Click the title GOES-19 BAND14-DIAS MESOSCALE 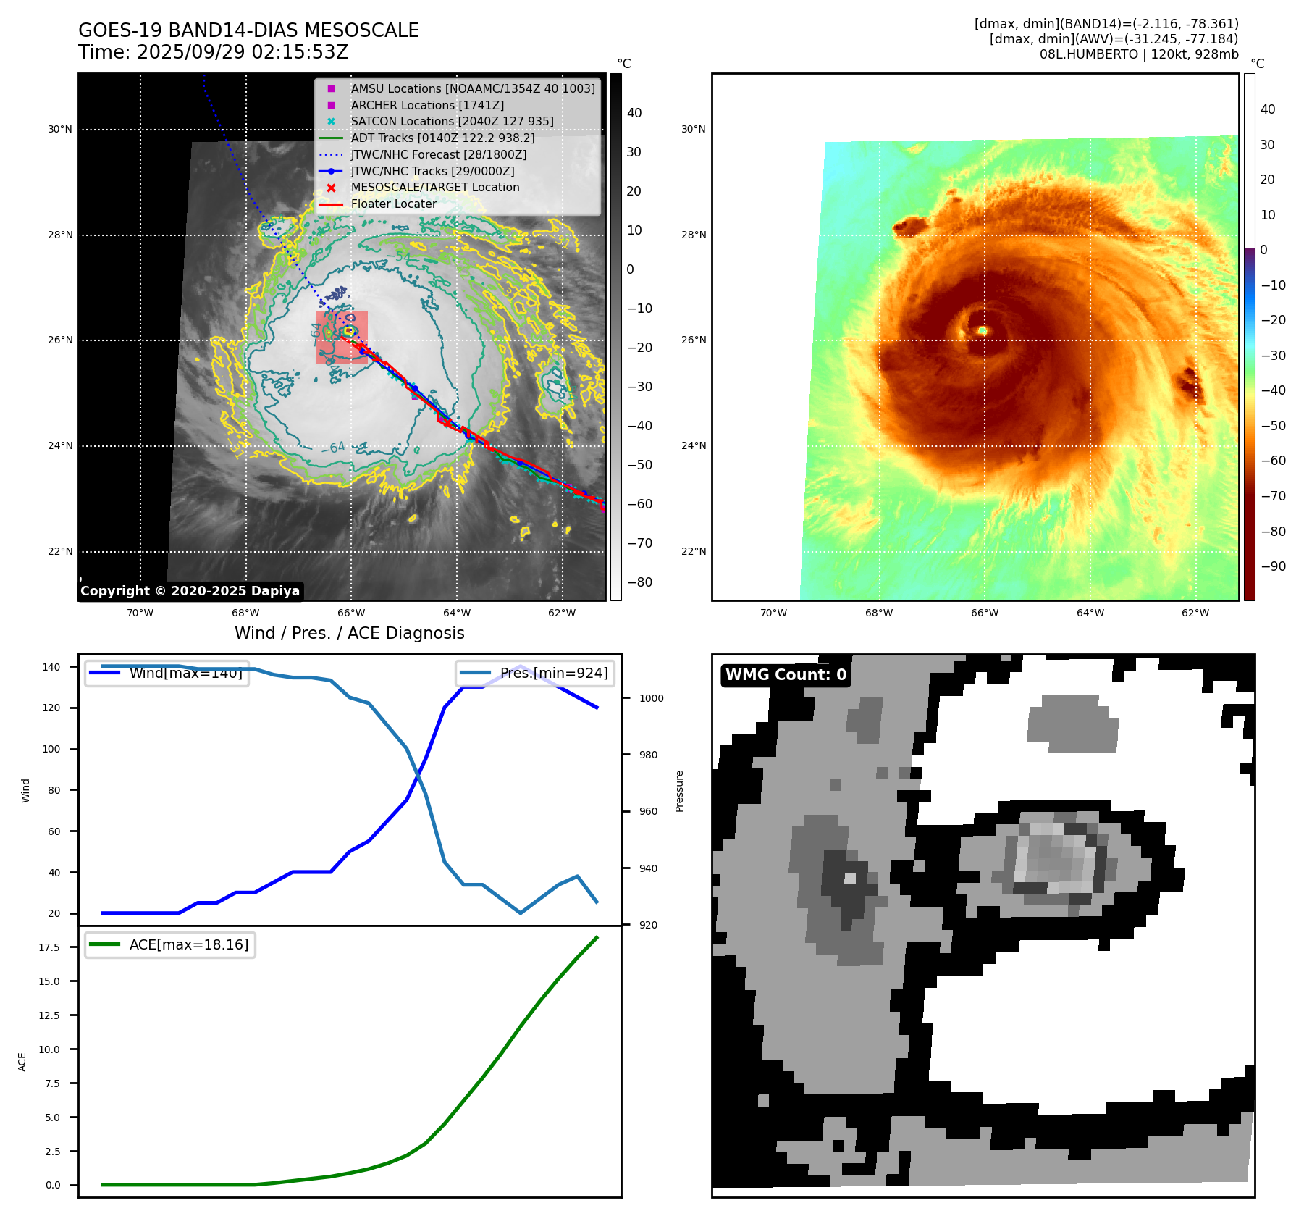point(248,30)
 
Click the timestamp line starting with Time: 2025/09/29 point(214,52)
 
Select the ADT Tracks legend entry point(442,138)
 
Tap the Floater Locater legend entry point(393,204)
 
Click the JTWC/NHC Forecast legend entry point(438,154)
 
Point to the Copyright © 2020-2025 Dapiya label point(190,591)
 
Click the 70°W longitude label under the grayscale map point(140,613)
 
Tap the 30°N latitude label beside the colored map point(693,130)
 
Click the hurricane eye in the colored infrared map point(983,331)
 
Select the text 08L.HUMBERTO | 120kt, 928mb point(1139,54)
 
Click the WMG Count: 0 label point(786,675)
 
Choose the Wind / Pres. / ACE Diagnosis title point(349,633)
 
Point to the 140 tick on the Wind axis point(51,667)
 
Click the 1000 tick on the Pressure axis point(651,698)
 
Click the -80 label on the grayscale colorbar point(639,582)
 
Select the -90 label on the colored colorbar point(1273,566)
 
